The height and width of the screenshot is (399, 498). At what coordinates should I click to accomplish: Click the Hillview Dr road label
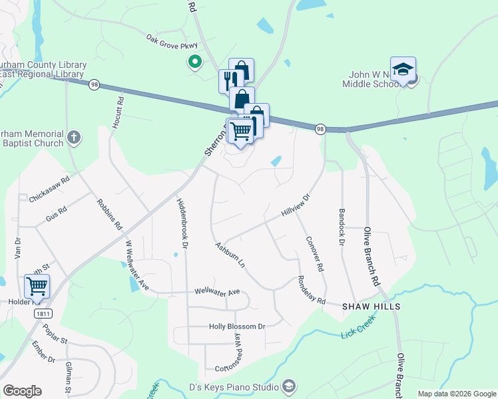296,204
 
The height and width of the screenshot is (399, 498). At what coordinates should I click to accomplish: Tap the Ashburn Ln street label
230,255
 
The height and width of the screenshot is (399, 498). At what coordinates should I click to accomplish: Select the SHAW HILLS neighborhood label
372,307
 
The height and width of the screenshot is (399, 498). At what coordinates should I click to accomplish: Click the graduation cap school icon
403,69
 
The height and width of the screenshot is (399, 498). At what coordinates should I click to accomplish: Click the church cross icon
74,138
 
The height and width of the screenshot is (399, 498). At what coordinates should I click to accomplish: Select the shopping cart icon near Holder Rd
37,287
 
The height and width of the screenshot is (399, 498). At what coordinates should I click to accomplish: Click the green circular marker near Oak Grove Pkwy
194,63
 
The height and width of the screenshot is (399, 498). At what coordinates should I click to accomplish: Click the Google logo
22,391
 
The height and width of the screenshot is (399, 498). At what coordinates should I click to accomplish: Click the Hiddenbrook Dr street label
182,223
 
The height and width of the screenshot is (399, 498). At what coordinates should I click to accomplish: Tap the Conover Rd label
315,253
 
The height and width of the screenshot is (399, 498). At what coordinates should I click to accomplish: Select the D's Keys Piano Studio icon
288,386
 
